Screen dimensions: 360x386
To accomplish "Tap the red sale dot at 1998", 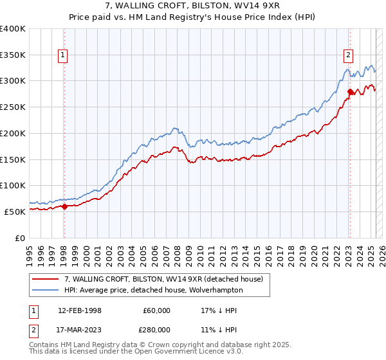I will tap(64, 206).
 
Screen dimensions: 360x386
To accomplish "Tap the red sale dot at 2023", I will tap(350, 91).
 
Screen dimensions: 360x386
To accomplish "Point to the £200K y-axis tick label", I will tap(12, 133).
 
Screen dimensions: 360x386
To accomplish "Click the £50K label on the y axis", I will tap(15, 212).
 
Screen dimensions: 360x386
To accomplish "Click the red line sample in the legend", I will tap(46, 280).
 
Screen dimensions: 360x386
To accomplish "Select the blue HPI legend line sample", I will tap(46, 291).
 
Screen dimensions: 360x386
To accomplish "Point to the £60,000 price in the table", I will tap(156, 310).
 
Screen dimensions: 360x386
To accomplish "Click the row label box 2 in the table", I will tap(32, 329).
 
